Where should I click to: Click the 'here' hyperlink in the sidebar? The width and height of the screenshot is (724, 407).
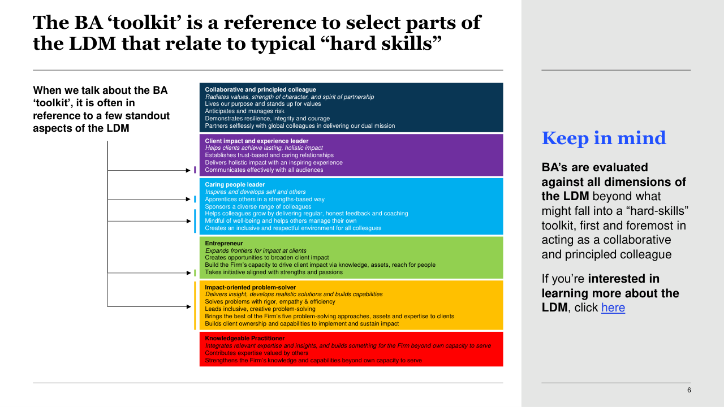coord(613,308)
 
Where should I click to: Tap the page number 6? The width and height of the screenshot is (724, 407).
coord(688,390)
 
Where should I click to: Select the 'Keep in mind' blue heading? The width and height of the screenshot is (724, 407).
coord(604,138)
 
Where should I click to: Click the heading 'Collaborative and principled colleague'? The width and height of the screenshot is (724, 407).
coord(260,89)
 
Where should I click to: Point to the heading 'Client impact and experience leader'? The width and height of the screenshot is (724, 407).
coord(256,141)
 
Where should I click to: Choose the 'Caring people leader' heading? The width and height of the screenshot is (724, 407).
coord(235,184)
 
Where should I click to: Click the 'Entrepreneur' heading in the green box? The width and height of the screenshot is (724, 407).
coord(224,243)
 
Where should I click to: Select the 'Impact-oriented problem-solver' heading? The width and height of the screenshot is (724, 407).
coord(250,287)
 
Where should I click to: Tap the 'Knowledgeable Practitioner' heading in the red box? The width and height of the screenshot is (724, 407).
coord(245,338)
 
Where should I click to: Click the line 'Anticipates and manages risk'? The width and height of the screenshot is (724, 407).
coord(244,111)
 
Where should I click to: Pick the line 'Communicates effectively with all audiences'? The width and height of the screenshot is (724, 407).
coord(264,170)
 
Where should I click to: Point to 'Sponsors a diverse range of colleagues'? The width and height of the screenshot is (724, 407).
coord(258,206)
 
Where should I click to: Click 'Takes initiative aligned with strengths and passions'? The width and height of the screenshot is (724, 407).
coord(274,272)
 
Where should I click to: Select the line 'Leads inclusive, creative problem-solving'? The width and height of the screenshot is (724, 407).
coord(260,309)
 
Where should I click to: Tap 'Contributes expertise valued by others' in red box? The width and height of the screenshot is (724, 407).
coord(257,353)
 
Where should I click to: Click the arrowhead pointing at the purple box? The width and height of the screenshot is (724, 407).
coord(188,170)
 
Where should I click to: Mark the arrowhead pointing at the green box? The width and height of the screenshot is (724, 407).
coord(188,272)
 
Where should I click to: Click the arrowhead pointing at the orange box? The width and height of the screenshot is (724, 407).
coord(188,307)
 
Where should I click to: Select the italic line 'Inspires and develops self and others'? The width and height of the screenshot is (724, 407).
coord(255,192)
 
